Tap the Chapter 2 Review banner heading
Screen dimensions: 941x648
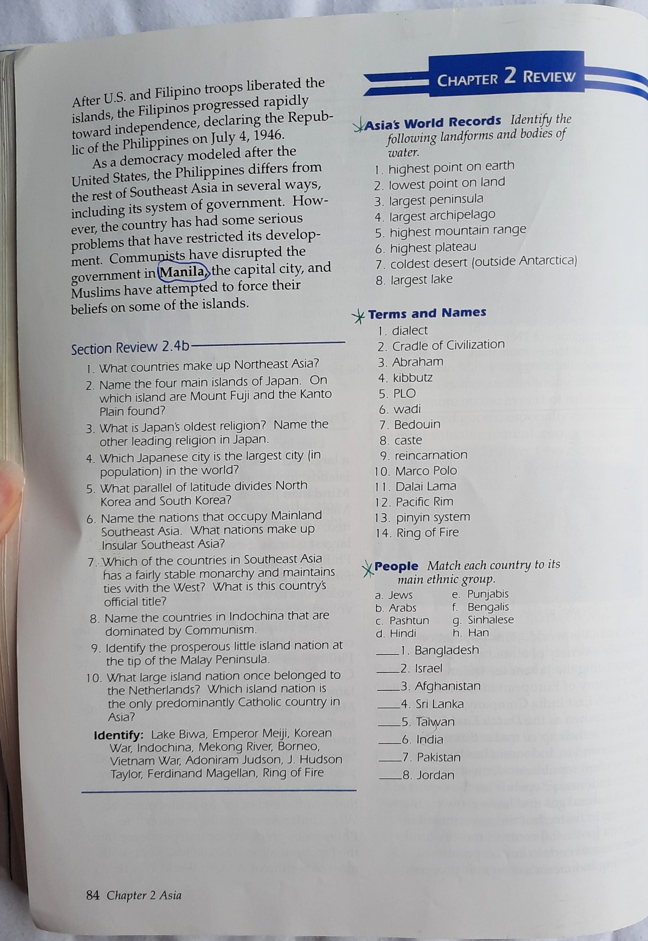(506, 77)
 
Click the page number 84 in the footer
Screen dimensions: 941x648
(92, 895)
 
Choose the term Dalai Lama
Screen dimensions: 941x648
(426, 486)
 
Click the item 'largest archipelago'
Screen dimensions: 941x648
(442, 216)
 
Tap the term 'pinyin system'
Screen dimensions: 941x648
(433, 517)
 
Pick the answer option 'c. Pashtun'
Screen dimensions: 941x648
(402, 621)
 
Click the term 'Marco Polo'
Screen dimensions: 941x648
(426, 470)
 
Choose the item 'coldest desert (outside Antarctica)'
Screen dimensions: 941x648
(483, 262)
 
